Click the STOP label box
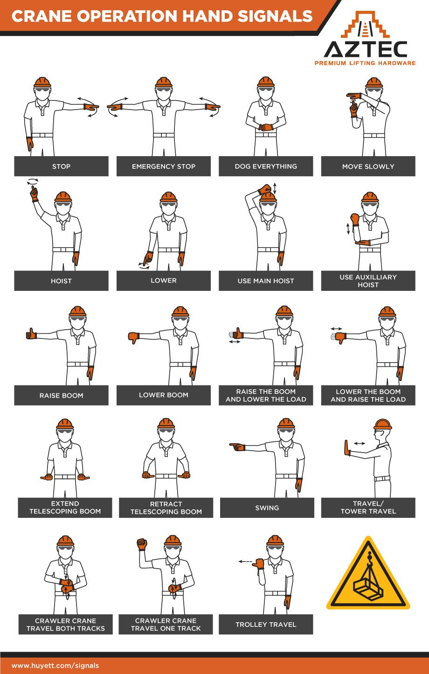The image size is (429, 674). click(61, 166)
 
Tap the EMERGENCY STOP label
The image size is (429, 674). click(164, 166)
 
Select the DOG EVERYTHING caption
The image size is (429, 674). click(266, 166)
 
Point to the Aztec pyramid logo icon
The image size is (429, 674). click(365, 25)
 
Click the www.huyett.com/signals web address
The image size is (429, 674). click(55, 666)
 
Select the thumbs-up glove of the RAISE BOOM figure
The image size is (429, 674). click(31, 334)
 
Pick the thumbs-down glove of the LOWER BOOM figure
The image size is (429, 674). click(134, 337)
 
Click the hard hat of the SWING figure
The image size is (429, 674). click(286, 424)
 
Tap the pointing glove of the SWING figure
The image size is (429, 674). click(237, 447)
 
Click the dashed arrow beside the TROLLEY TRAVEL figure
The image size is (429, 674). click(245, 562)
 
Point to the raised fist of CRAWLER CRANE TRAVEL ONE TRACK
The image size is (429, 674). click(142, 544)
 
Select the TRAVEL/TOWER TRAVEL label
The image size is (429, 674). click(368, 508)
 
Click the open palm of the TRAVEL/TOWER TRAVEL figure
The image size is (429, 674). click(346, 447)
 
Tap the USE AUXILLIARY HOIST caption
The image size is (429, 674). click(368, 281)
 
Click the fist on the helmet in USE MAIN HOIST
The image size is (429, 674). click(265, 189)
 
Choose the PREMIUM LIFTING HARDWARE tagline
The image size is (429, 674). click(365, 63)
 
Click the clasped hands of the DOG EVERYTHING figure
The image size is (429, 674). click(266, 127)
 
